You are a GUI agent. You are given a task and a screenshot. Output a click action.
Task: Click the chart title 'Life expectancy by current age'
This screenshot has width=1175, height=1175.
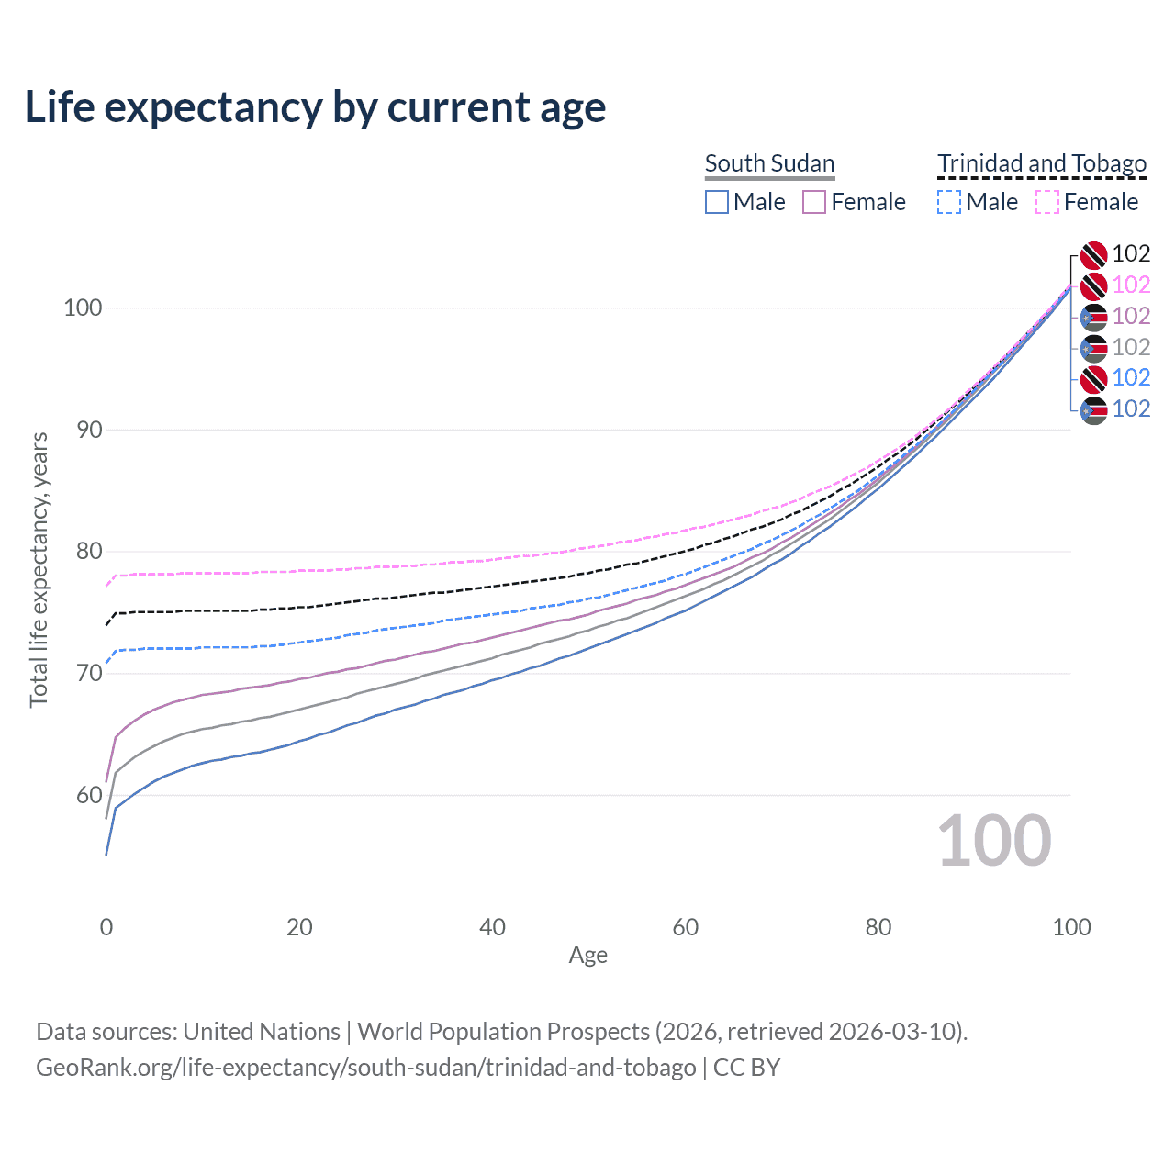pyautogui.click(x=315, y=107)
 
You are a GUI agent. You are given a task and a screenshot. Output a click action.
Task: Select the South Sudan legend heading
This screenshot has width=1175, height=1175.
pyautogui.click(x=769, y=163)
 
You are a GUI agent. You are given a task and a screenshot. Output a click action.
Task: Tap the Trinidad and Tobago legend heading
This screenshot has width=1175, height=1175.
pyautogui.click(x=1042, y=163)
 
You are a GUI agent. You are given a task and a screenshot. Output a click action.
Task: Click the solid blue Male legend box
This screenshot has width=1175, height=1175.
pyautogui.click(x=717, y=202)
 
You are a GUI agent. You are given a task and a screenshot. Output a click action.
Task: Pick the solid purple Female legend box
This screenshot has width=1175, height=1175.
pyautogui.click(x=814, y=202)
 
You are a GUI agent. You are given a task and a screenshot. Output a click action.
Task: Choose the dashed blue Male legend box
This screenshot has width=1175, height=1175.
pyautogui.click(x=949, y=202)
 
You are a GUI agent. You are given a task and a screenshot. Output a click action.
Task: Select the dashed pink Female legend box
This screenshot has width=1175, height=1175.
pyautogui.click(x=1047, y=202)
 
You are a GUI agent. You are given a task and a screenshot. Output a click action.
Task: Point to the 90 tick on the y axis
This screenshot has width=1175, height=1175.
pyautogui.click(x=83, y=430)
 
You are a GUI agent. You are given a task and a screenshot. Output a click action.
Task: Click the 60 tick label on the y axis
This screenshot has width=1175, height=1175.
pyautogui.click(x=83, y=795)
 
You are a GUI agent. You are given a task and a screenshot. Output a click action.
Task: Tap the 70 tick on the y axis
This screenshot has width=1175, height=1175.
pyautogui.click(x=83, y=673)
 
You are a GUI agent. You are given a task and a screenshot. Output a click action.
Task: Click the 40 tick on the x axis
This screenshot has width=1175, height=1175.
pyautogui.click(x=492, y=927)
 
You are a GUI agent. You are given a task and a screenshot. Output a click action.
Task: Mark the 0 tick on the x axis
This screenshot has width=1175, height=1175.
pyautogui.click(x=106, y=927)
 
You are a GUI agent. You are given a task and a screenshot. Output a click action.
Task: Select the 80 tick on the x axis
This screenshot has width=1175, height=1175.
pyautogui.click(x=878, y=927)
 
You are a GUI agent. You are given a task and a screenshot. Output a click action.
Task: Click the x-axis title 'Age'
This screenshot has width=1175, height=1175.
pyautogui.click(x=587, y=956)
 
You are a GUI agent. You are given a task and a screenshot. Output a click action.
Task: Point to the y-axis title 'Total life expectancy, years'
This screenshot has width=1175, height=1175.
pyautogui.click(x=39, y=569)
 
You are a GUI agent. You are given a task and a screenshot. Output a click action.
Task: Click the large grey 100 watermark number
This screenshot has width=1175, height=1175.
pyautogui.click(x=994, y=841)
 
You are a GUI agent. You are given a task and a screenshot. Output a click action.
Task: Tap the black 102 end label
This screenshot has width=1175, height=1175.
pyautogui.click(x=1131, y=253)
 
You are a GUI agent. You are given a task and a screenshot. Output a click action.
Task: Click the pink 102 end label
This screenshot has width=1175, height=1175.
pyautogui.click(x=1131, y=285)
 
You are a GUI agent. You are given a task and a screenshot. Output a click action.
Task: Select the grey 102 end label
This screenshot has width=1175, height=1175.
pyautogui.click(x=1131, y=347)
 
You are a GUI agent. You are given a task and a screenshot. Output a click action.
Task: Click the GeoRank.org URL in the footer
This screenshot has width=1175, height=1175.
pyautogui.click(x=365, y=1068)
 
